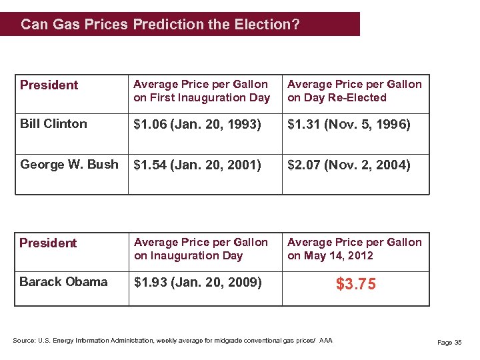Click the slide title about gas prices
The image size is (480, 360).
pyautogui.click(x=160, y=25)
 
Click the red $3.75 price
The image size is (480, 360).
pyautogui.click(x=355, y=285)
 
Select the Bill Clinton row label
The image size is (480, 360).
pyautogui.click(x=53, y=124)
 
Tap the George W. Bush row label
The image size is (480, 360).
pyautogui.click(x=69, y=165)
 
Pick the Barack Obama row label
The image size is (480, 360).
pyautogui.click(x=63, y=282)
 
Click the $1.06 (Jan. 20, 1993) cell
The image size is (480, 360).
pyautogui.click(x=197, y=125)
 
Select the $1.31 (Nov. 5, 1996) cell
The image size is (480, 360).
pyautogui.click(x=349, y=125)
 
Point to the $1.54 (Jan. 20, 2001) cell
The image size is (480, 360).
pyautogui.click(x=197, y=165)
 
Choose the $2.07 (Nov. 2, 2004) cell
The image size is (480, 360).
pyautogui.click(x=349, y=165)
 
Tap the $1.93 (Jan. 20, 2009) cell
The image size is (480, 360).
pyautogui.click(x=197, y=283)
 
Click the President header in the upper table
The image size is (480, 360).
pyautogui.click(x=49, y=85)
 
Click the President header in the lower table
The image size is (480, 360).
pyautogui.click(x=48, y=243)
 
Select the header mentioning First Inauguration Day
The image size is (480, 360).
pyautogui.click(x=201, y=91)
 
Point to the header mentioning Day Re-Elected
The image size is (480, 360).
pyautogui.click(x=354, y=91)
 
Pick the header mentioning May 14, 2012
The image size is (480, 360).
pyautogui.click(x=354, y=249)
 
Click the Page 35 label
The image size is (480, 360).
pyautogui.click(x=449, y=343)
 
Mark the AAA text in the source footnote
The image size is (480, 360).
pyautogui.click(x=325, y=341)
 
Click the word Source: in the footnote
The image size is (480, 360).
pyautogui.click(x=24, y=341)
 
